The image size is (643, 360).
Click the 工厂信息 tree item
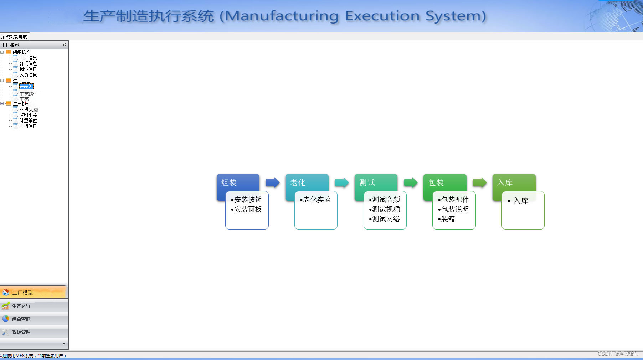pyautogui.click(x=28, y=58)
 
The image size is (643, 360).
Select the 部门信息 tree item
pyautogui.click(x=28, y=63)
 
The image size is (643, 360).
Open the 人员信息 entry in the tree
pyautogui.click(x=28, y=75)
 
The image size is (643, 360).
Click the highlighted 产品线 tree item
pyautogui.click(x=26, y=87)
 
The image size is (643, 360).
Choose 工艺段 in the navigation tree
pyautogui.click(x=27, y=94)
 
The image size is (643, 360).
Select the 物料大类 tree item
pyautogui.click(x=29, y=109)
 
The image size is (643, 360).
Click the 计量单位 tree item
pyautogui.click(x=28, y=120)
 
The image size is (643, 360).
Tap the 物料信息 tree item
pyautogui.click(x=28, y=126)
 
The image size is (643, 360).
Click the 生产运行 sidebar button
pyautogui.click(x=21, y=306)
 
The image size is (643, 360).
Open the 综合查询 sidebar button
pyautogui.click(x=21, y=319)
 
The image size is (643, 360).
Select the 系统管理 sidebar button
pyautogui.click(x=21, y=332)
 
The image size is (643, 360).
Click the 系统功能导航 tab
pyautogui.click(x=14, y=37)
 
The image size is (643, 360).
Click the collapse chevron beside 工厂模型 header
pyautogui.click(x=64, y=45)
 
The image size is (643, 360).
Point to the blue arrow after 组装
pyautogui.click(x=273, y=183)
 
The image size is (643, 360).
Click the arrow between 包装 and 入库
pyautogui.click(x=480, y=183)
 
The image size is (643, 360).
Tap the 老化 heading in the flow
pyautogui.click(x=298, y=183)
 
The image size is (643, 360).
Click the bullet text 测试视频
pyautogui.click(x=386, y=209)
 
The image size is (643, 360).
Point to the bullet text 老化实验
pyautogui.click(x=317, y=200)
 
